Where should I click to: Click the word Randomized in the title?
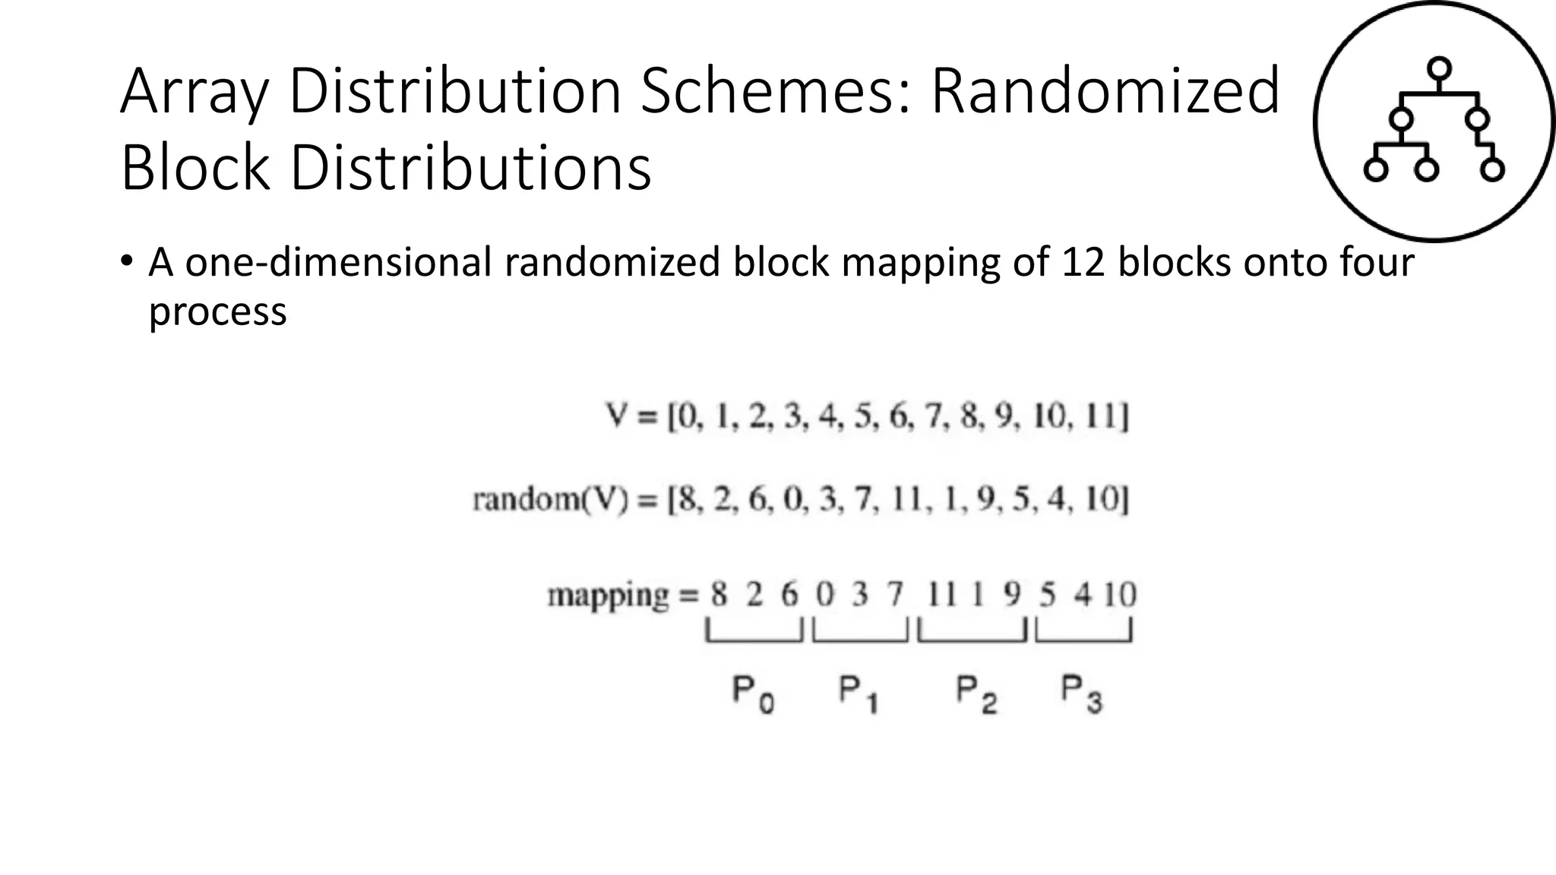click(x=1105, y=92)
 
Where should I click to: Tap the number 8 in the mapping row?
click(x=719, y=595)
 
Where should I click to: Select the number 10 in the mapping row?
click(x=1119, y=595)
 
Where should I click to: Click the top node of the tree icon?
click(x=1439, y=69)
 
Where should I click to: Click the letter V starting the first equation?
click(x=615, y=416)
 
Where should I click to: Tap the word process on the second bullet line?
click(x=217, y=312)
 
